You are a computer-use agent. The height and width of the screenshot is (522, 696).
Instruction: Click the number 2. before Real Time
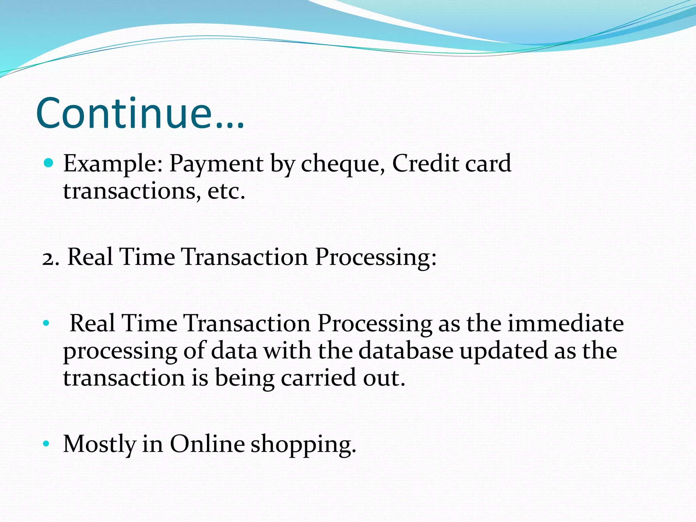51,258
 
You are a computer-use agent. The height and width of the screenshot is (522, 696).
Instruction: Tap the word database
406,351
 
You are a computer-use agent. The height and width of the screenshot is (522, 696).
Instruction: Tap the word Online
207,444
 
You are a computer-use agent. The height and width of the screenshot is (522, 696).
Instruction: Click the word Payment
216,164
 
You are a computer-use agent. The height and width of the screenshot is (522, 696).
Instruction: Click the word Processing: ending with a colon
376,258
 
